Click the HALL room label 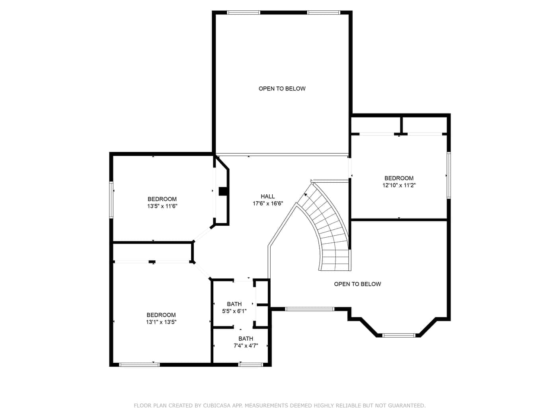point(267,196)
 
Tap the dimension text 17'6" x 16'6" point(267,203)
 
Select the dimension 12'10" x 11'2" point(399,185)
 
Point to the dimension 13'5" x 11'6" point(162,206)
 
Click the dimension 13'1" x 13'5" point(161,322)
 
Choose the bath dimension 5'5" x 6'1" point(234,311)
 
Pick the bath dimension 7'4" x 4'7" point(246,346)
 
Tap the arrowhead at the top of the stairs point(305,195)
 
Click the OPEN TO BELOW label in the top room point(282,88)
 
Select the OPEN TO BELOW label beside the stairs point(357,284)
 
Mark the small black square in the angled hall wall point(223,191)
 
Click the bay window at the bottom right point(399,335)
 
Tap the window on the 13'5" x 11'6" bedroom point(111,200)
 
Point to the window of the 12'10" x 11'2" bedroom point(449,175)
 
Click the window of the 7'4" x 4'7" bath point(250,365)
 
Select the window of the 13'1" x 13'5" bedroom point(139,365)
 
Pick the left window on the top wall point(244,12)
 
